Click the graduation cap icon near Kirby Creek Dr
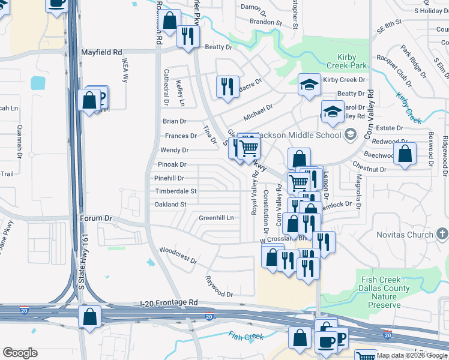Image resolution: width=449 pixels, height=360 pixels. point(309,84)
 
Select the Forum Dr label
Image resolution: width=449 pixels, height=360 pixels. point(96,219)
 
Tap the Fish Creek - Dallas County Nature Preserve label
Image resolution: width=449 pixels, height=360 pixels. point(385,292)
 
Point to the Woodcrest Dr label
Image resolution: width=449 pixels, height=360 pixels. point(178,256)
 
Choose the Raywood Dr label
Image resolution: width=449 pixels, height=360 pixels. point(218,287)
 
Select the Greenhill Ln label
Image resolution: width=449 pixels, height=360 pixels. point(216,218)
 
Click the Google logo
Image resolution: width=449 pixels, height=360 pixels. point(20,353)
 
